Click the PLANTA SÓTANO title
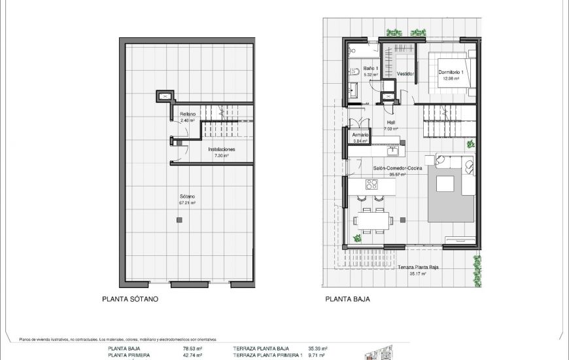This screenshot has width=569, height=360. (x=130, y=299)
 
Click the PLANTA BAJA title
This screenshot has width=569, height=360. (x=348, y=299)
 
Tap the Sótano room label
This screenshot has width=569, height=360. (x=188, y=196)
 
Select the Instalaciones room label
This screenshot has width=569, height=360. (x=222, y=149)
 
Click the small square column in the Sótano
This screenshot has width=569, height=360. (x=179, y=221)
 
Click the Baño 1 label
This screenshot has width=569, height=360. (x=370, y=68)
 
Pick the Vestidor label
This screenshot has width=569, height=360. (x=406, y=74)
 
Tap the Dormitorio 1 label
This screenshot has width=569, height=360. (x=451, y=72)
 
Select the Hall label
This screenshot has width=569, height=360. (x=390, y=122)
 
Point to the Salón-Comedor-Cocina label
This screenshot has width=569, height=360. (x=398, y=168)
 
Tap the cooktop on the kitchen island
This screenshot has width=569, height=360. (x=371, y=185)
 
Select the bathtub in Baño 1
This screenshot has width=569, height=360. (x=363, y=50)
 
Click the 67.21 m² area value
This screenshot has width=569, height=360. (x=188, y=203)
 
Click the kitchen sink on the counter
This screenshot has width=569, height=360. (x=393, y=151)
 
